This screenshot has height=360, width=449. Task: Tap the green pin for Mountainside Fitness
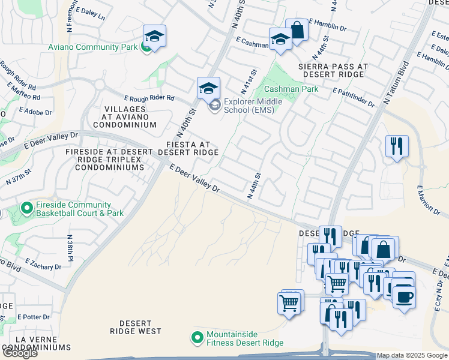pos(196,338)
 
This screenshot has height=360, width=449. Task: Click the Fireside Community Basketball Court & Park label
pos(80,209)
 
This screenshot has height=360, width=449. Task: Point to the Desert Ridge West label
pos(136,327)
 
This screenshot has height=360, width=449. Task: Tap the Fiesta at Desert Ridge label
pos(188,148)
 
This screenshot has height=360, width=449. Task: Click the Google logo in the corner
pos(19,353)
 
